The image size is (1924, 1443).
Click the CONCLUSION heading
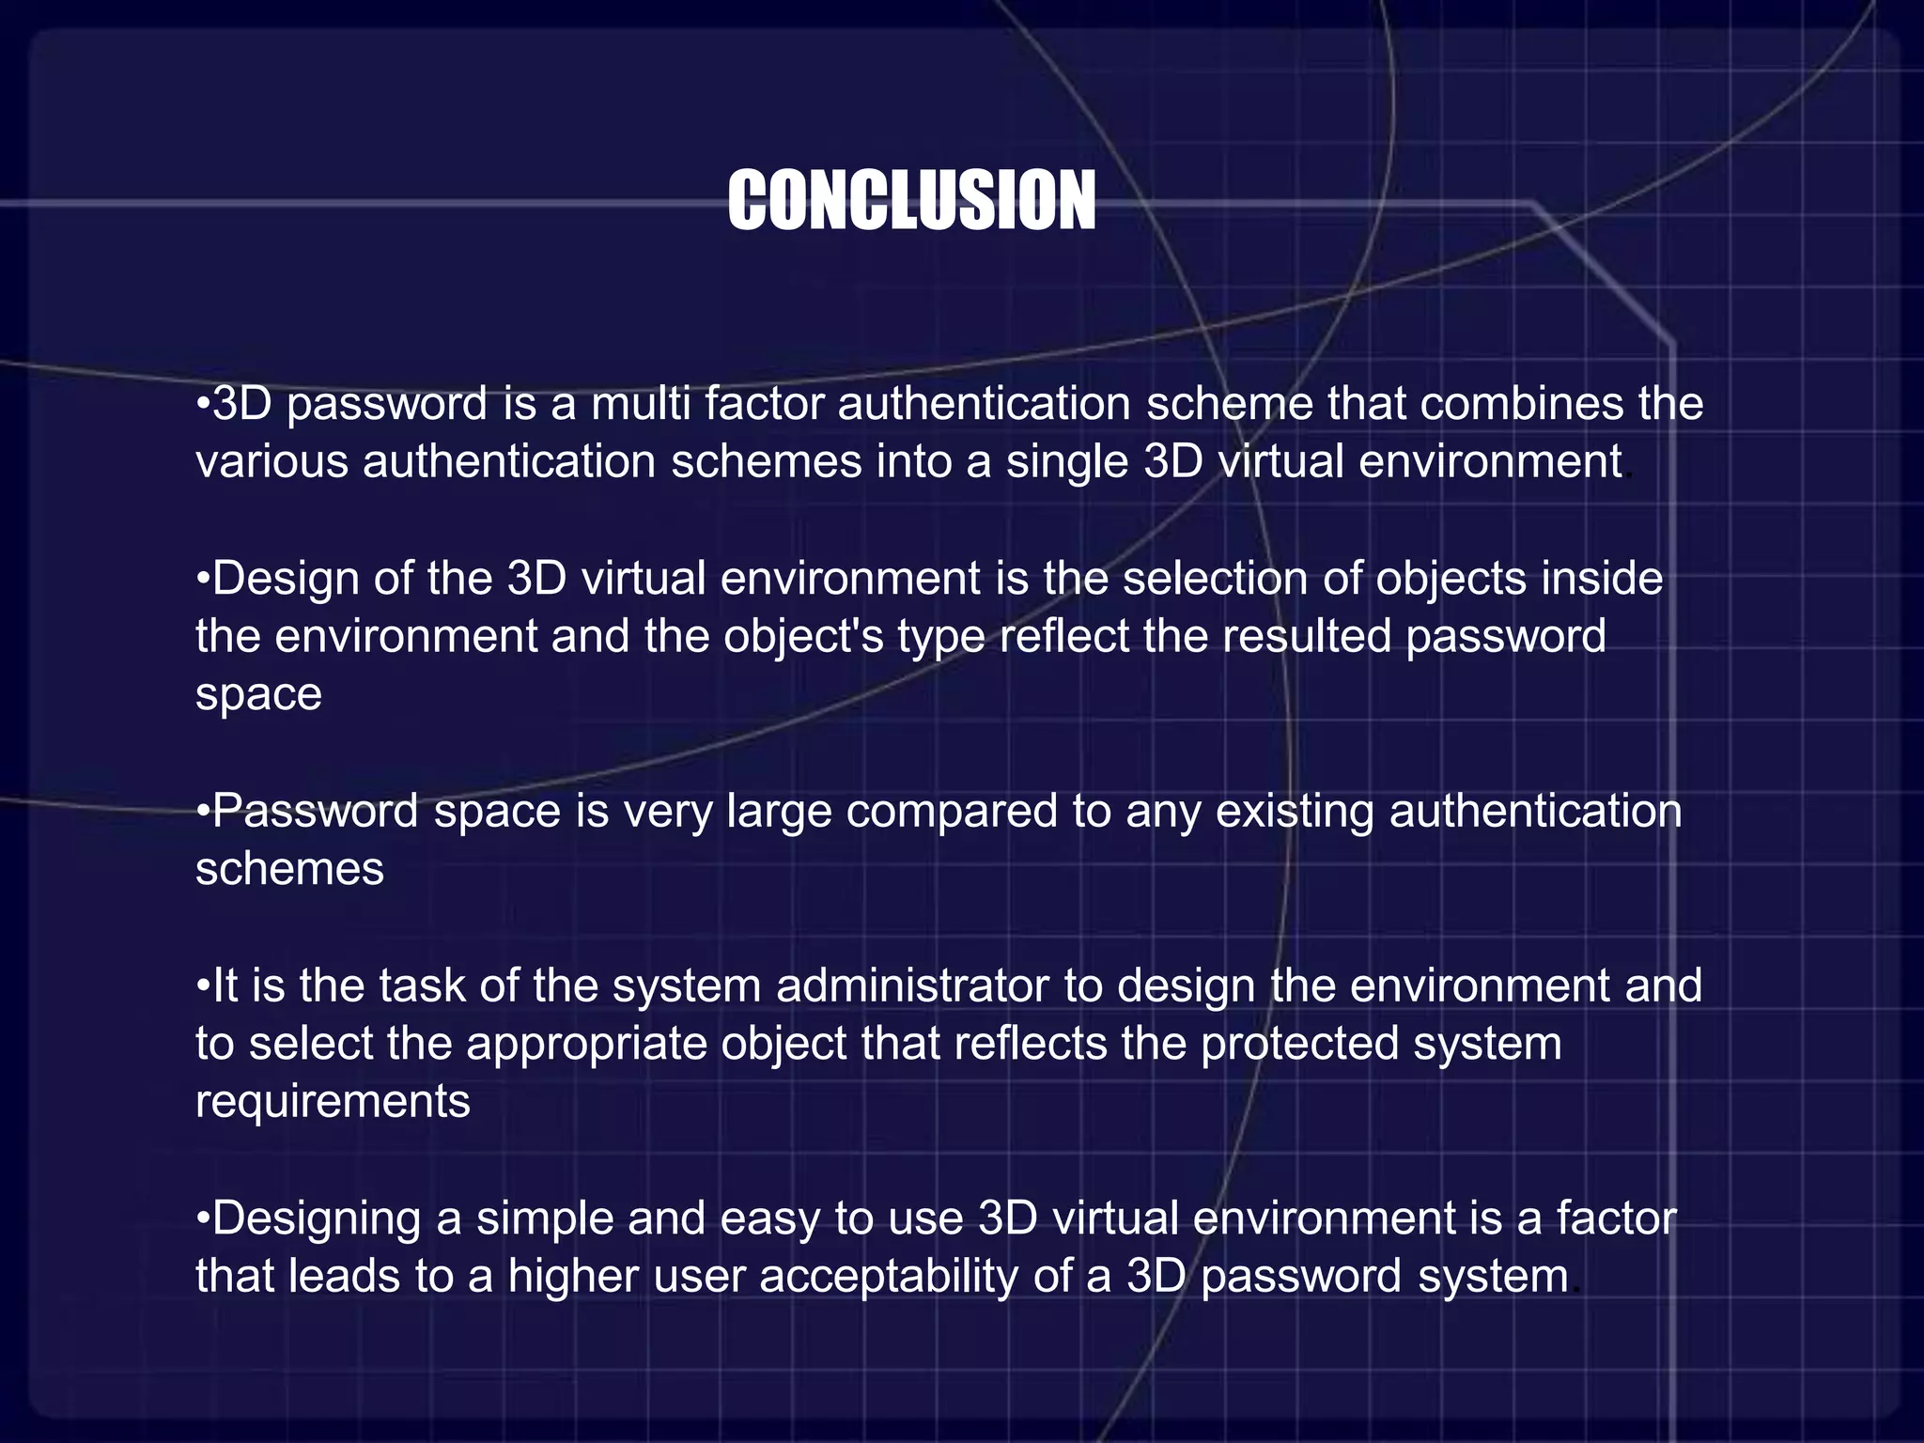click(x=911, y=201)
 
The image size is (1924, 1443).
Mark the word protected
click(x=1300, y=1044)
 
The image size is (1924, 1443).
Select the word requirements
click(x=333, y=1102)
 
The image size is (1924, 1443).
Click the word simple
click(x=545, y=1218)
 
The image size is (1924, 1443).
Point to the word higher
click(x=573, y=1277)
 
